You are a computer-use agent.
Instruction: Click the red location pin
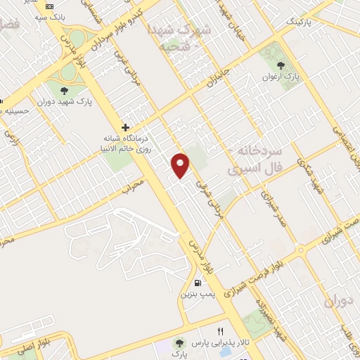pyautogui.click(x=181, y=165)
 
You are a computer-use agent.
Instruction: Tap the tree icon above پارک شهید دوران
pyautogui.click(x=65, y=91)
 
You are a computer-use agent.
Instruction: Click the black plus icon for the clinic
pyautogui.click(x=125, y=127)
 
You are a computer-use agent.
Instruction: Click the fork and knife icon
pyautogui.click(x=220, y=332)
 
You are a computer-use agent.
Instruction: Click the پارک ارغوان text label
pyautogui.click(x=281, y=77)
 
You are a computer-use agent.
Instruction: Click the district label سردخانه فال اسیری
pyautogui.click(x=257, y=161)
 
